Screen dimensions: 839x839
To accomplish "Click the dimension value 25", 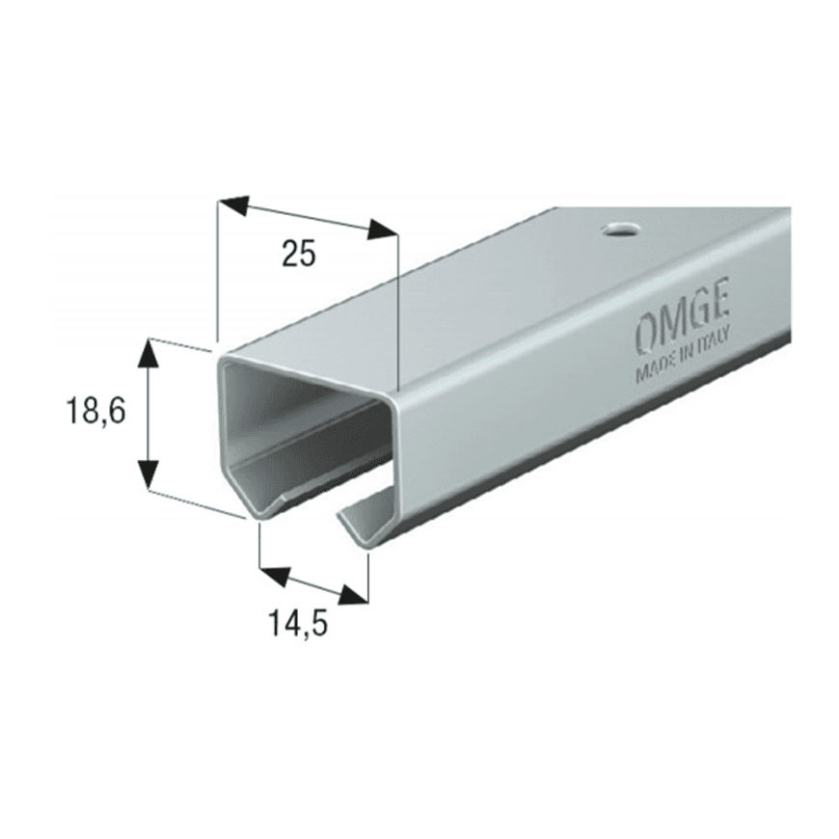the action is click(299, 253).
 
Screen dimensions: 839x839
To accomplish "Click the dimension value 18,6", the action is click(95, 411).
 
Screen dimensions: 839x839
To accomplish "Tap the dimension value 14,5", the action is click(298, 623).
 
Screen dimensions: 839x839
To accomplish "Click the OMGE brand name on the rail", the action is click(681, 319).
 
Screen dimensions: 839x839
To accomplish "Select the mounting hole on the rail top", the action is click(620, 230).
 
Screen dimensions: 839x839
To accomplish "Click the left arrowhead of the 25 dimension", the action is click(233, 204).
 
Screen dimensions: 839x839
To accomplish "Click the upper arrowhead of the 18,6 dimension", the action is click(149, 354).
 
